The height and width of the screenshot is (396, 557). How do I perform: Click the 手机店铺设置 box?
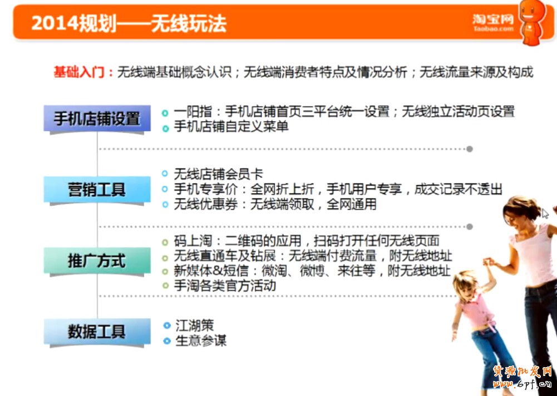[97, 118]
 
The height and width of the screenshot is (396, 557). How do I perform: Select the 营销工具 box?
[97, 189]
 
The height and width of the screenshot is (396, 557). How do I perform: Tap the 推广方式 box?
[97, 261]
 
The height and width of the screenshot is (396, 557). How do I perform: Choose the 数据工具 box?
[97, 331]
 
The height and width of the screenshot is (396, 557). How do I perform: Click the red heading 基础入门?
[79, 72]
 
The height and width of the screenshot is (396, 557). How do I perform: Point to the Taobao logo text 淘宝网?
[493, 19]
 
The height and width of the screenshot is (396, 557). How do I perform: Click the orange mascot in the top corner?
[532, 22]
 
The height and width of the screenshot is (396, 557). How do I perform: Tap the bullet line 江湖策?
[194, 325]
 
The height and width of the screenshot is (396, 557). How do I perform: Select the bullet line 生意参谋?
[201, 340]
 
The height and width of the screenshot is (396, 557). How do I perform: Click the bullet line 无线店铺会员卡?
[219, 174]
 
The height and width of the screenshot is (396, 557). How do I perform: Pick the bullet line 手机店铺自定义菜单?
[231, 127]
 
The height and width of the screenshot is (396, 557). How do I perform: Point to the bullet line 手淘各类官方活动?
[225, 286]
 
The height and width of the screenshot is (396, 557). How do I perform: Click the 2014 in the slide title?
[55, 23]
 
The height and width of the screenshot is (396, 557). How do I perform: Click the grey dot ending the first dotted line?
[470, 149]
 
